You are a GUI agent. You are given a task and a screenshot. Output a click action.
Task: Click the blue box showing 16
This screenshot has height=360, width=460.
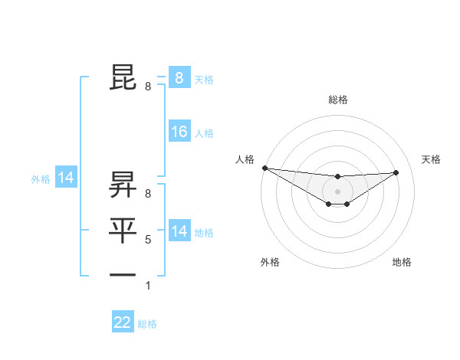179,132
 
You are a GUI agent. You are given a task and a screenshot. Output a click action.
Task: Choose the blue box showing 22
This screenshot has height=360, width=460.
123,322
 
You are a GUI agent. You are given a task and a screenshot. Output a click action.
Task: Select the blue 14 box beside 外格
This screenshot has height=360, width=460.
66,178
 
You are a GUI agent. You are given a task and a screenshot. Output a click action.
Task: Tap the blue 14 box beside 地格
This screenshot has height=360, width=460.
179,231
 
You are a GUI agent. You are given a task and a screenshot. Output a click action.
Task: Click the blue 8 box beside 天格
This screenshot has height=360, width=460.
179,77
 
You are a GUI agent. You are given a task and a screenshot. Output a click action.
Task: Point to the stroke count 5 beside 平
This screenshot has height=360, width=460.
148,240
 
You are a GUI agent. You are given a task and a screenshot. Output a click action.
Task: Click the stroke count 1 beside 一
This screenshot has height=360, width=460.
148,286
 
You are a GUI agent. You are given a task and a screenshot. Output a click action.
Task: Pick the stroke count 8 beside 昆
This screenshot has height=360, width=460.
148,87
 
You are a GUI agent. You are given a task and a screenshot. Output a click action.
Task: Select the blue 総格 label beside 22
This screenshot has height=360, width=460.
148,324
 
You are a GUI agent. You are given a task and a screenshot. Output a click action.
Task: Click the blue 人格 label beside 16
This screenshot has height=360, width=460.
204,133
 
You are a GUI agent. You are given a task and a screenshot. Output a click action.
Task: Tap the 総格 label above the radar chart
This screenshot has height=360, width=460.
338,100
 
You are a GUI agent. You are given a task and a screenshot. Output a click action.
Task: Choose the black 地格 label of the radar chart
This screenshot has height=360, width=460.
402,262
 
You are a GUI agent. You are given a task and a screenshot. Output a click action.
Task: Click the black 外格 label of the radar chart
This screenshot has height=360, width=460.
270,262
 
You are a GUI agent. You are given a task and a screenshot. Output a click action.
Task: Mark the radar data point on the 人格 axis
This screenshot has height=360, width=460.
264,168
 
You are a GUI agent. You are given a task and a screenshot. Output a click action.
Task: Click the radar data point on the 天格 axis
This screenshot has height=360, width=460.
396,172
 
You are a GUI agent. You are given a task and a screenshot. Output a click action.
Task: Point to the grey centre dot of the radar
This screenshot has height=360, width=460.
338,191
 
